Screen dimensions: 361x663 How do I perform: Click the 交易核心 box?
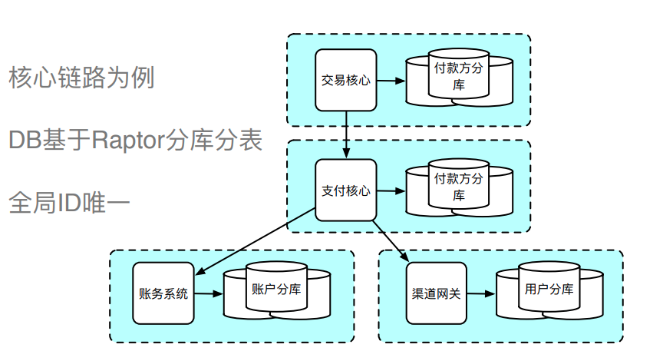click(x=346, y=80)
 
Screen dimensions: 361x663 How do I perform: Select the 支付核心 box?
click(x=346, y=190)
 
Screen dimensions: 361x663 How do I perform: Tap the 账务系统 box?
click(x=163, y=293)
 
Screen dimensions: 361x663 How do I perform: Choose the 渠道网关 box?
click(x=436, y=293)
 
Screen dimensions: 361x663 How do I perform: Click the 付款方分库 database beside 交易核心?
click(x=459, y=78)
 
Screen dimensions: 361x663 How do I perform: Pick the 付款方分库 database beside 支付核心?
click(x=459, y=188)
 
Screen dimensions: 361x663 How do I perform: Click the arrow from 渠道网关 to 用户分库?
click(x=480, y=293)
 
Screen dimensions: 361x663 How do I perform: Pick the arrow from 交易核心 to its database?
click(x=391, y=80)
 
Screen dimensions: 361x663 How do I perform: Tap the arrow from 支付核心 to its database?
click(x=391, y=190)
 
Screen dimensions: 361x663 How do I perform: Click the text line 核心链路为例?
click(x=81, y=78)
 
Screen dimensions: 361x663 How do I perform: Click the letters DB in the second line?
click(x=22, y=140)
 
